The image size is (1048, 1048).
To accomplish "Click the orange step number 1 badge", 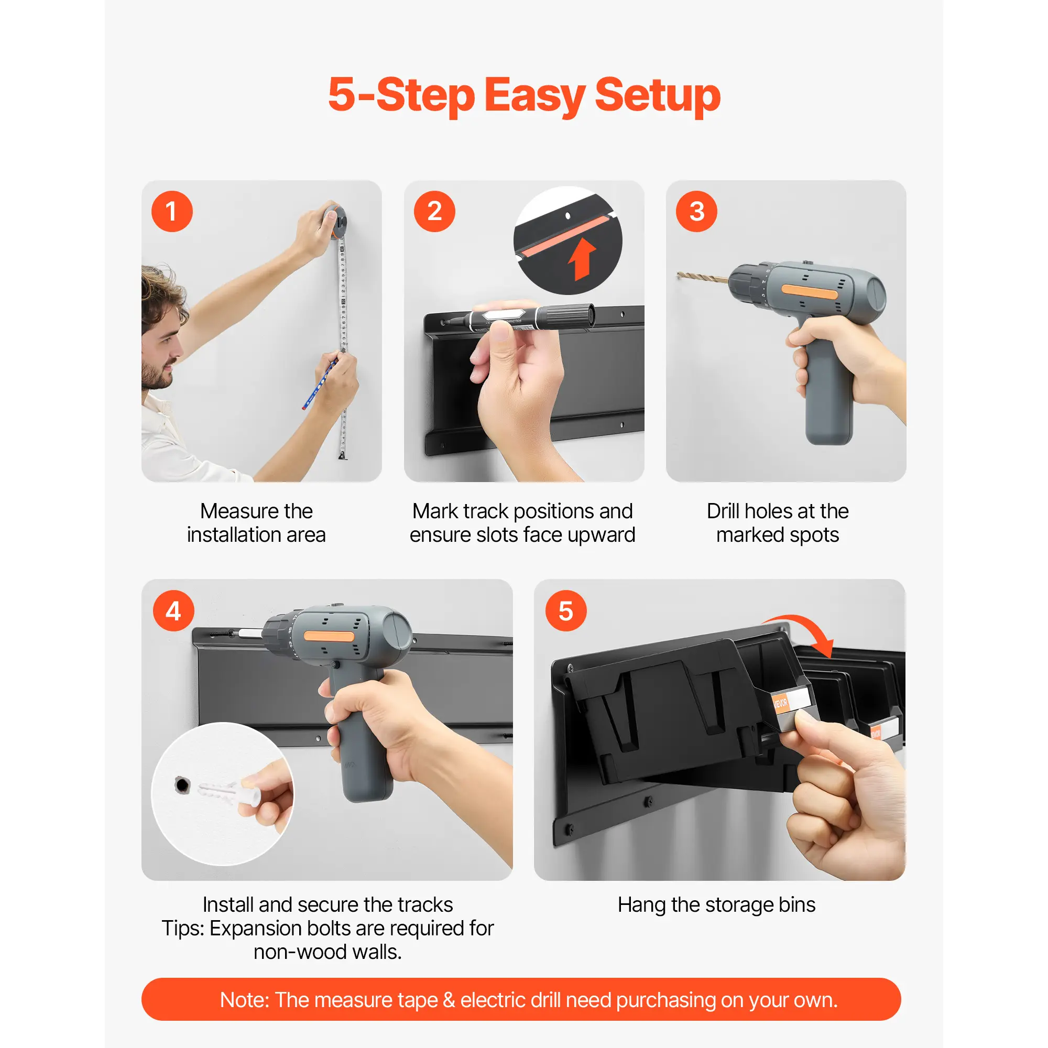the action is coord(172,212).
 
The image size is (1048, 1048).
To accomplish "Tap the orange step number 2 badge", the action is coord(434,212).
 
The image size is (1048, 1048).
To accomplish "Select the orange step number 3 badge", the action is coord(696,212).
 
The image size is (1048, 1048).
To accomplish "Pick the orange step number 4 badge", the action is coord(173,611).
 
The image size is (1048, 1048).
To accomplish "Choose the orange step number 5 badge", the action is coord(566,611).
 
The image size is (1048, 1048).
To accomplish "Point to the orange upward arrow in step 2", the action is coord(582,259).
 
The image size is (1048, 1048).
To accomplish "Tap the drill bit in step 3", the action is coord(703,278).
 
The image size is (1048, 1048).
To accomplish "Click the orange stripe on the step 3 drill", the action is coord(810,293).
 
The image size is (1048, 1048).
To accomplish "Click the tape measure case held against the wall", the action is coord(335,220).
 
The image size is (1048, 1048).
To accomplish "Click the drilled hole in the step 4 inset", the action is coord(182,785).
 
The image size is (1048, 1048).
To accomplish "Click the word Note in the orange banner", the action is coord(244,1000).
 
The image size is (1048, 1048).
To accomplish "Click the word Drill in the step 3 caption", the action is coord(724,511).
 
